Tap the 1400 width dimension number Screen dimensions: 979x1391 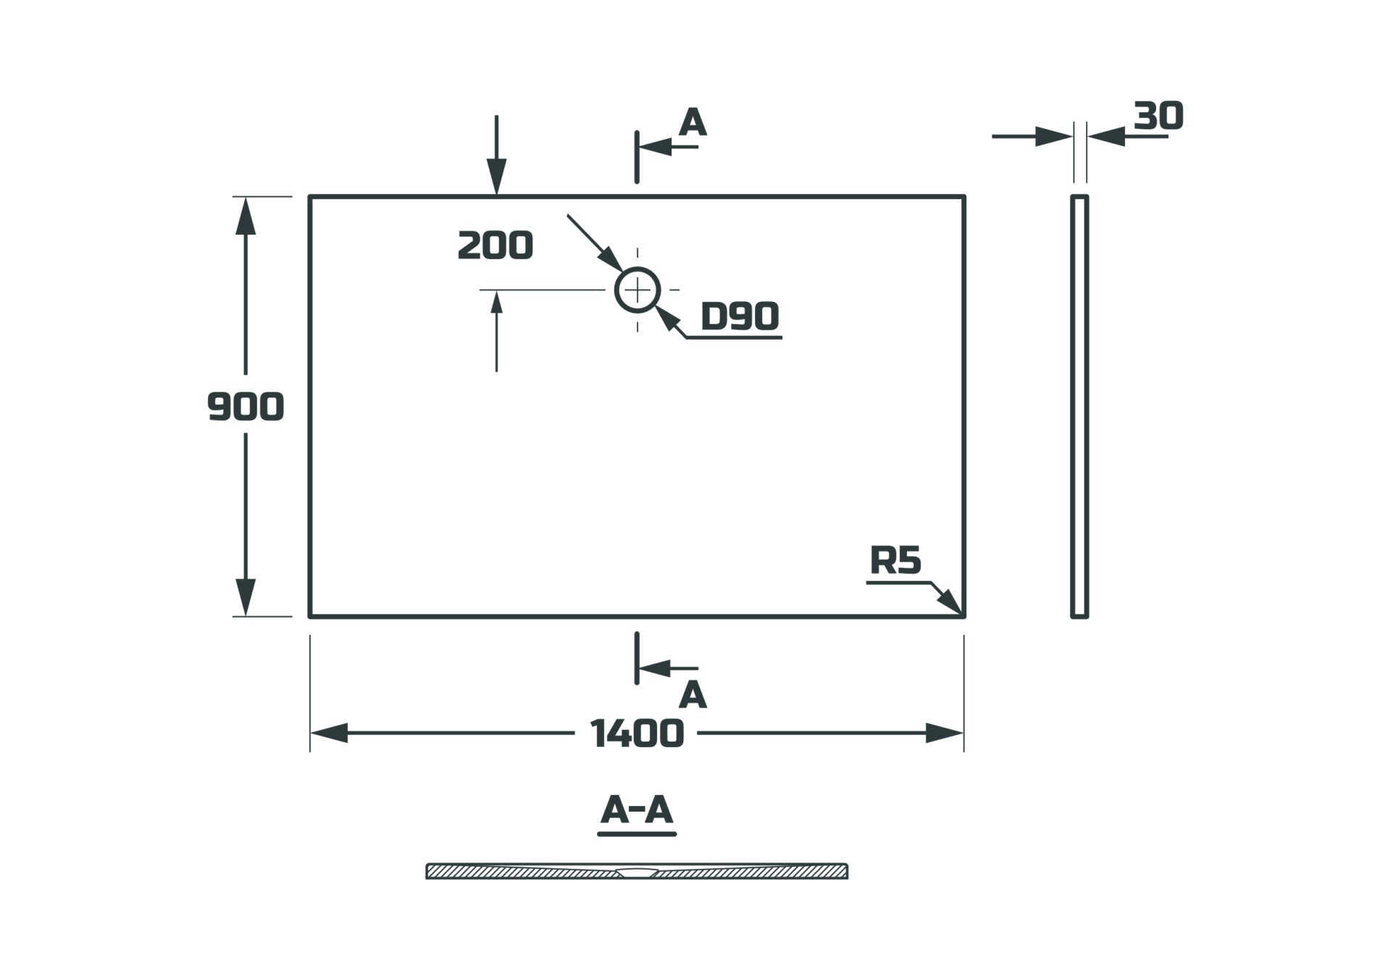637,734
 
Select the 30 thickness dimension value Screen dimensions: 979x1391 1158,116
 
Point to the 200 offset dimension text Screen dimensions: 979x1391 496,245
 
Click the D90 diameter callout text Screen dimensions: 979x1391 740,316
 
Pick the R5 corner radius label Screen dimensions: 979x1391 895,560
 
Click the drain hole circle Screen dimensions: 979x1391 638,290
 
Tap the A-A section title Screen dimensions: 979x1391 637,810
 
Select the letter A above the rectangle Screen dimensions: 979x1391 693,123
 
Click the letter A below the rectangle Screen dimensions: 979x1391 693,695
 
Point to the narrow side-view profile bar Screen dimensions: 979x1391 1079,406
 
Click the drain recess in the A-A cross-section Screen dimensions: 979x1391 637,873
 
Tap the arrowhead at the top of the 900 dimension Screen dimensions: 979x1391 246,215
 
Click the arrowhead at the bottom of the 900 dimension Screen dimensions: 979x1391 246,597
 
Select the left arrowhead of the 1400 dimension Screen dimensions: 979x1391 330,734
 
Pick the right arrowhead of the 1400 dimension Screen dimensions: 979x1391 944,734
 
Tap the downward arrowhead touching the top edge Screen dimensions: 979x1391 496,176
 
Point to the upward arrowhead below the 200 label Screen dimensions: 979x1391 496,303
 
